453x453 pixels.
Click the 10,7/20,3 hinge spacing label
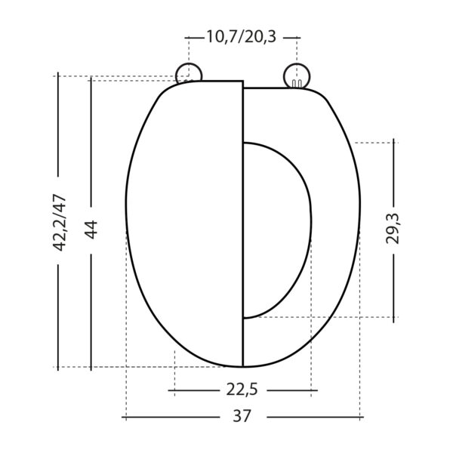pos(242,37)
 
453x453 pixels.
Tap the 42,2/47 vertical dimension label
pos(60,223)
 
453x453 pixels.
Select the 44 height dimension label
pos(91,230)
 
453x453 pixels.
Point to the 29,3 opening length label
pos(393,229)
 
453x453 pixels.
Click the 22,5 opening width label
pos(242,390)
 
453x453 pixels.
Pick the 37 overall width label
pos(242,416)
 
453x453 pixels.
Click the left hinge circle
pos(189,74)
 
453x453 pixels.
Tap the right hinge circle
pos(297,75)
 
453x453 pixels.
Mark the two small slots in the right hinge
pos(297,83)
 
